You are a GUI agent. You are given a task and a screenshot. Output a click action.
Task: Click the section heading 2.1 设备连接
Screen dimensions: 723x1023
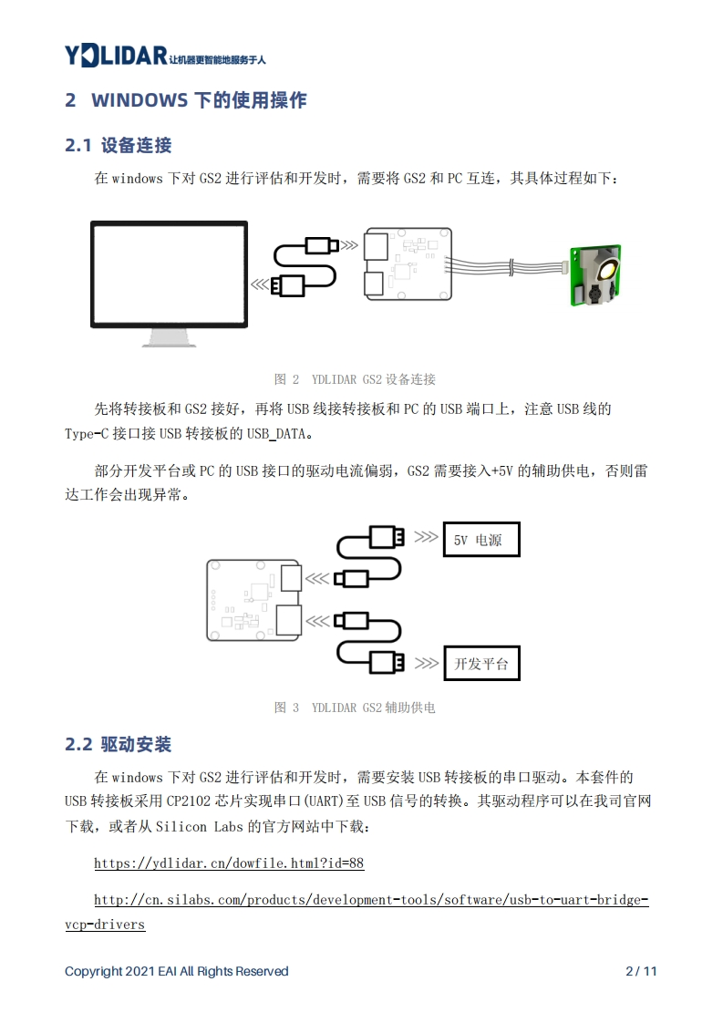click(119, 145)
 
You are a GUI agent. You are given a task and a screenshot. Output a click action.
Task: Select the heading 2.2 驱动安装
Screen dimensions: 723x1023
click(119, 744)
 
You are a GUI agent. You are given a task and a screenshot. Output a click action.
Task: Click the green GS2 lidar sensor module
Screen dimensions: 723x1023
click(595, 275)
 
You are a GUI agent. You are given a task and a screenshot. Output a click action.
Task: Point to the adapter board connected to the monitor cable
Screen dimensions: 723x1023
click(408, 263)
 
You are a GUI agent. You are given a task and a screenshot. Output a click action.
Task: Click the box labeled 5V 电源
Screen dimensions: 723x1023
click(480, 540)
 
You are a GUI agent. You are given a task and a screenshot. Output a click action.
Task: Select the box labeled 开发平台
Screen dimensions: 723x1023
click(480, 663)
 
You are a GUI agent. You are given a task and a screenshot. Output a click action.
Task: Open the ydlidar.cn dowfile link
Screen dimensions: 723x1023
click(229, 863)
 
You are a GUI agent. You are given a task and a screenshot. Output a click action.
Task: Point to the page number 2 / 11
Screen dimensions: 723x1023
click(641, 971)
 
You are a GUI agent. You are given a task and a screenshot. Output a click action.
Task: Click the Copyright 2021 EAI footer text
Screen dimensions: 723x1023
click(177, 971)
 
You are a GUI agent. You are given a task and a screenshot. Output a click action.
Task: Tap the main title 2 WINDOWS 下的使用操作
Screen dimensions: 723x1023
click(186, 100)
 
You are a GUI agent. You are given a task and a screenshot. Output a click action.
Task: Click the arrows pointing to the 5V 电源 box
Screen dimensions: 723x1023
click(425, 537)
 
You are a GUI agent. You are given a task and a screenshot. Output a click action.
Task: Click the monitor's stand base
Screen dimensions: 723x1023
click(169, 341)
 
